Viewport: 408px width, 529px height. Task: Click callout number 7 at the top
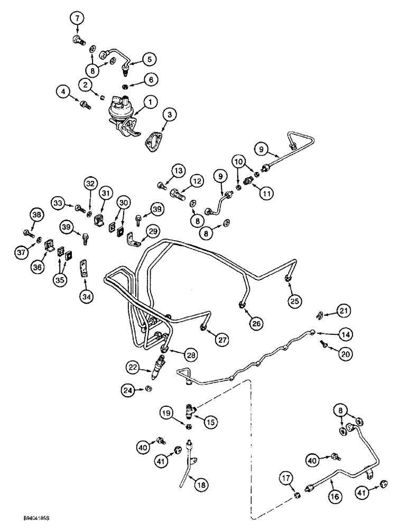[78, 19]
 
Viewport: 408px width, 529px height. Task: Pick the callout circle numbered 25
[293, 301]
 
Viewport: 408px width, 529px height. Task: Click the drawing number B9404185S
[25, 521]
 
